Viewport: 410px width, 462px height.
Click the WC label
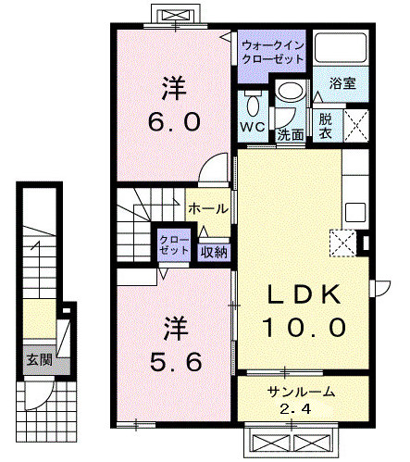coord(253,127)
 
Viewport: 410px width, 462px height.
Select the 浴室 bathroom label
coord(342,83)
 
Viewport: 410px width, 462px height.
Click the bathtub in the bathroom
coord(340,47)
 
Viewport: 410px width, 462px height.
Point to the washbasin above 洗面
coord(291,92)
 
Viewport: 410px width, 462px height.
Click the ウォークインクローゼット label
coord(272,52)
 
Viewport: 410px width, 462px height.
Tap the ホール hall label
coord(208,209)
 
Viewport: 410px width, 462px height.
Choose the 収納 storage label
coord(214,253)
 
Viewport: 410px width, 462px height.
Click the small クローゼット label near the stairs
coord(174,245)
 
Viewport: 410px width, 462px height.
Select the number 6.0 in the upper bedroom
coord(174,121)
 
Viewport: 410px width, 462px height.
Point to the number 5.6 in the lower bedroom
coord(176,362)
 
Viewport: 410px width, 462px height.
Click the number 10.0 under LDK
coord(304,328)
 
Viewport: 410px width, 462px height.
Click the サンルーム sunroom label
coord(301,392)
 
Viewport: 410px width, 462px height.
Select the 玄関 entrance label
coord(39,359)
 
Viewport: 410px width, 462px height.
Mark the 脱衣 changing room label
coord(325,126)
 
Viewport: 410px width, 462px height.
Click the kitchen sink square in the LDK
coord(355,212)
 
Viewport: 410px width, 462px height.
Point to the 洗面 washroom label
coord(290,135)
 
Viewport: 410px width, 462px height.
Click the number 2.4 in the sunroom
coord(295,409)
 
